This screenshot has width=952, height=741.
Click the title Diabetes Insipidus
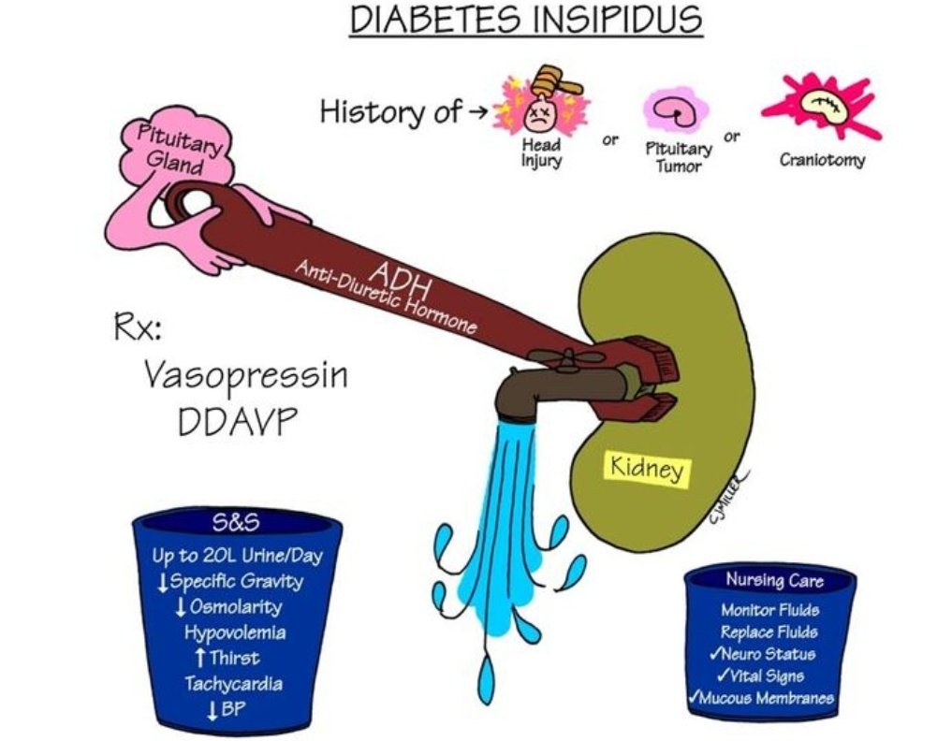point(525,21)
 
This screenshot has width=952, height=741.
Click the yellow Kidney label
point(647,468)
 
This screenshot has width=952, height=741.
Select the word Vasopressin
point(246,376)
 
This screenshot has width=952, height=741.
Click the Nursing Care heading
point(774,581)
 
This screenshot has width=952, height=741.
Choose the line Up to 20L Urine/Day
point(237,556)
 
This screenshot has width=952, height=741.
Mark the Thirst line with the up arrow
point(227,658)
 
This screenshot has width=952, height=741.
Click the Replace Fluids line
point(769,632)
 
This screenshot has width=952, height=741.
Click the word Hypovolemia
point(235,632)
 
